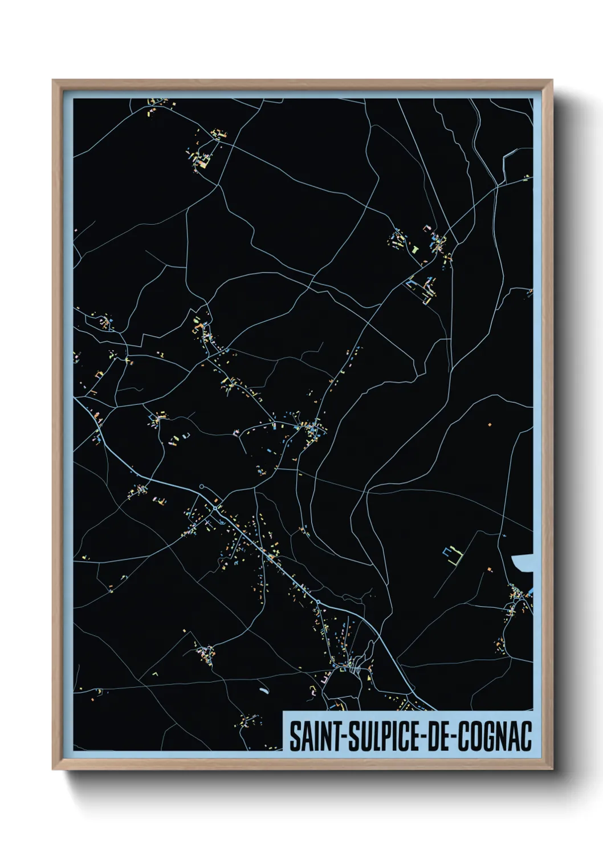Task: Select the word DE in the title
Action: (437, 736)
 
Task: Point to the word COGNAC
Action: (495, 736)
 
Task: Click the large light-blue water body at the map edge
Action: (524, 563)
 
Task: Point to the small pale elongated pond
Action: (263, 691)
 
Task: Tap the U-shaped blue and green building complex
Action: (451, 554)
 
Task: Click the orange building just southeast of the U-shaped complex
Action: (488, 569)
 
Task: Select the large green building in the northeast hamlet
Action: (415, 249)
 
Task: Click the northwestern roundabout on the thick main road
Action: (215, 508)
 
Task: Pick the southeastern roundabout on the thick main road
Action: (317, 602)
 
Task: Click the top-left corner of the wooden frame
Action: (54, 81)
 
